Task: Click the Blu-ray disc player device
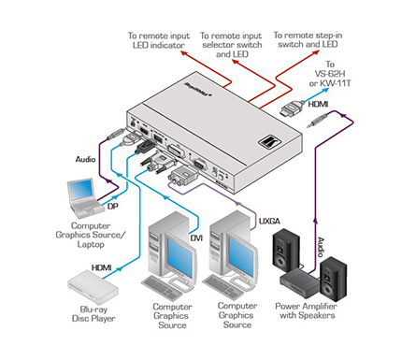[93, 287]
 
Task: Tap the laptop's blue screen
[81, 191]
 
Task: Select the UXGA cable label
[269, 221]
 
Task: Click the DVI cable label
[196, 238]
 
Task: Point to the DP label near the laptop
[113, 206]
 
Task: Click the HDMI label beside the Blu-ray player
[101, 267]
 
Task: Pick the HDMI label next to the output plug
[318, 104]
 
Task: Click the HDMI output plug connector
[292, 109]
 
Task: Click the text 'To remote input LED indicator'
[159, 40]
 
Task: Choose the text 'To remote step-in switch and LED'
[308, 39]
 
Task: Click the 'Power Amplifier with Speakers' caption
[307, 310]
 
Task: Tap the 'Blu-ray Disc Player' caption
[93, 314]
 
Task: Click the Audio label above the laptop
[85, 159]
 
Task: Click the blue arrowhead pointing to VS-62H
[325, 90]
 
